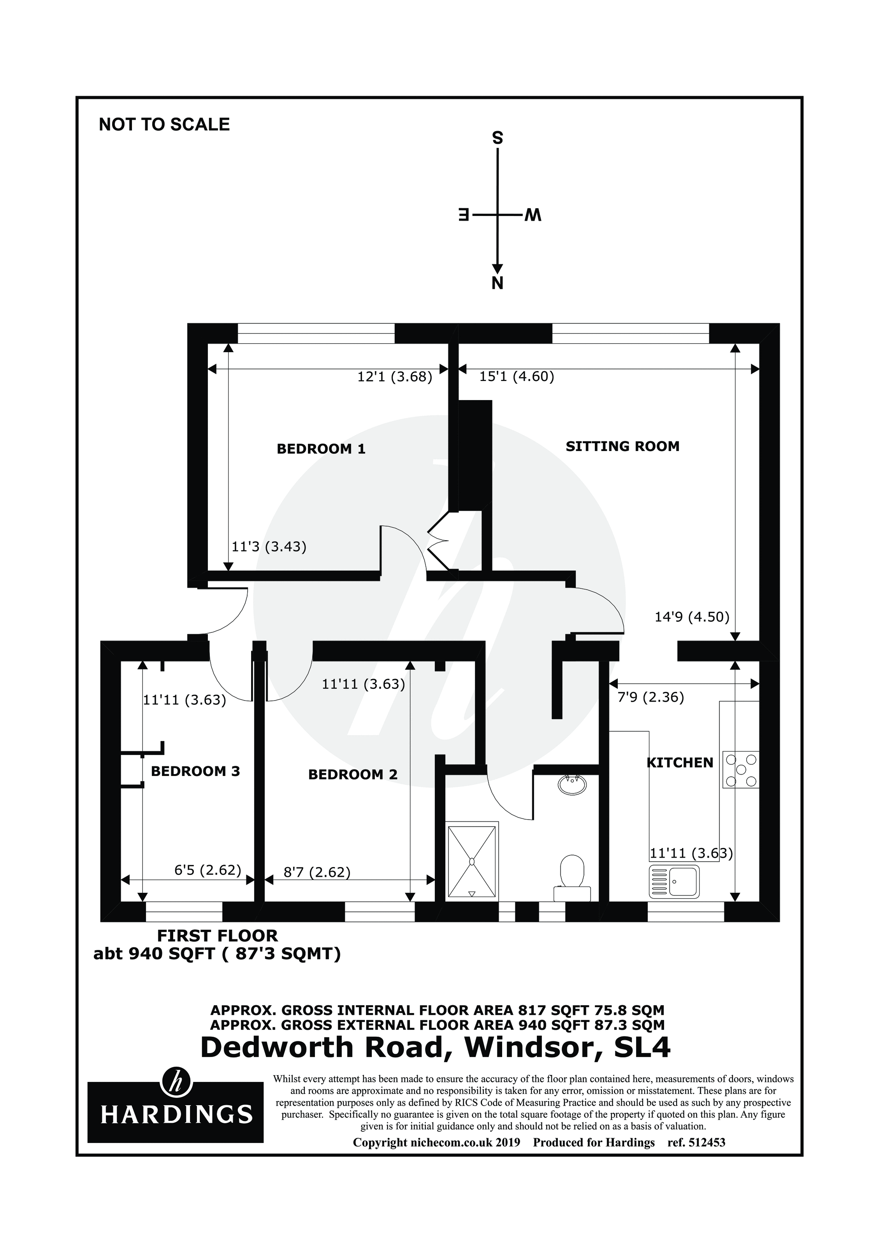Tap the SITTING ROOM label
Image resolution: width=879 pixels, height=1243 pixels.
[622, 447]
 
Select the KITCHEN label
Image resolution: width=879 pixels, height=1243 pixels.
[680, 763]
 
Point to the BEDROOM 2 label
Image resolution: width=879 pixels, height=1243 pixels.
[353, 775]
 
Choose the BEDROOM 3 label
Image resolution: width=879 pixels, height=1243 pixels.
[195, 771]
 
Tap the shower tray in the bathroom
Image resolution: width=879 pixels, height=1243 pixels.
[471, 861]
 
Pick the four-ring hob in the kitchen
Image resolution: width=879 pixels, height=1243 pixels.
[741, 769]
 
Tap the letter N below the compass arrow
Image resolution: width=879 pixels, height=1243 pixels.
[497, 283]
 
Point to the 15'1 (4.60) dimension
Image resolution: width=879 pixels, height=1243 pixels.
[517, 376]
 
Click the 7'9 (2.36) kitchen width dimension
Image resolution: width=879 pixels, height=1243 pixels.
[650, 697]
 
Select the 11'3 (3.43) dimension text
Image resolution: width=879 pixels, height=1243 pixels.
[269, 547]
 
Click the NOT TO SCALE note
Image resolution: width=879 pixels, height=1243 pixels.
[164, 125]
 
